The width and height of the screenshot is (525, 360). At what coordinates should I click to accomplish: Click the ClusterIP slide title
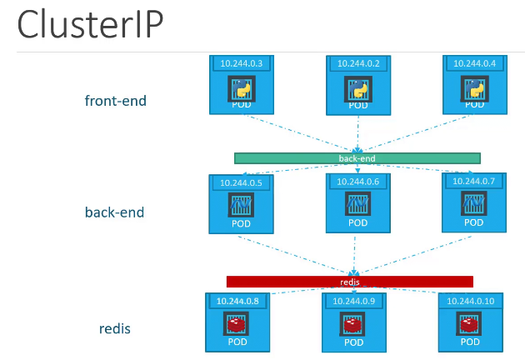coord(89,26)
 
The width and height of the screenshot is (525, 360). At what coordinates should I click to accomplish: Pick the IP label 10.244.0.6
coord(357,181)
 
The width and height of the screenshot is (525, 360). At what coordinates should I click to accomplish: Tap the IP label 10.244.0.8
coord(237,300)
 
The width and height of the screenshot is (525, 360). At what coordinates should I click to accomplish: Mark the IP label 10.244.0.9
coord(354,300)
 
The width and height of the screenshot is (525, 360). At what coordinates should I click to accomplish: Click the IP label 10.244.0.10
coord(471,300)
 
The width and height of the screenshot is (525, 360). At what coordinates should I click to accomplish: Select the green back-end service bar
coord(357,157)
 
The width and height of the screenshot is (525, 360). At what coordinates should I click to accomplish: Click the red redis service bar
coord(350,282)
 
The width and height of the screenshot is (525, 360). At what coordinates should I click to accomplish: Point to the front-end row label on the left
coord(115,101)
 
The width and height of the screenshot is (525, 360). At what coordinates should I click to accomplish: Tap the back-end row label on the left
coord(114,212)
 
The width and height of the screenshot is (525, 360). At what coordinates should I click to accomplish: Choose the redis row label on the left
coord(115,328)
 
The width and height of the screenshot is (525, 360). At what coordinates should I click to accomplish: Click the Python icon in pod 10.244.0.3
coord(241,88)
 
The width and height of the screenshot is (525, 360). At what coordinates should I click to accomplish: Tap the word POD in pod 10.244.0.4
coord(473,106)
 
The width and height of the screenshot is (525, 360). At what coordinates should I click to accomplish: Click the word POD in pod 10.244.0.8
coord(237,342)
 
